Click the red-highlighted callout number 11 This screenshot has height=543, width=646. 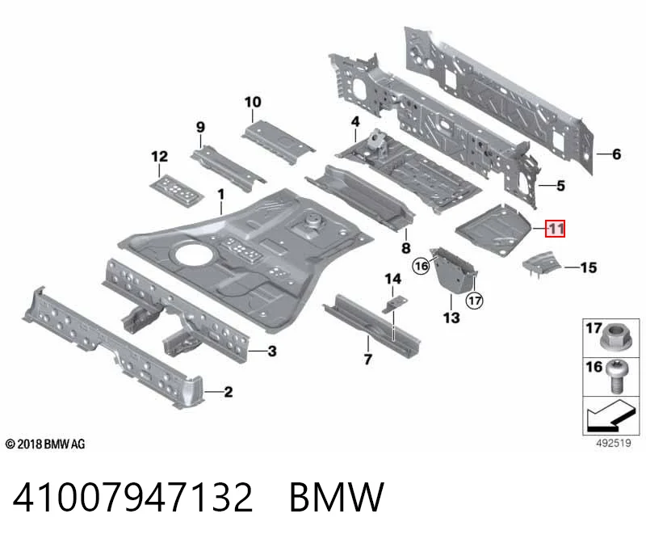[x=555, y=229]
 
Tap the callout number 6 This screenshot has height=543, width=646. [x=616, y=154]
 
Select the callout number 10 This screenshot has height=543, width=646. [x=253, y=102]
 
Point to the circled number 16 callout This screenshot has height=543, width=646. [x=421, y=266]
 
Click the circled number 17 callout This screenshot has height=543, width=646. [x=475, y=300]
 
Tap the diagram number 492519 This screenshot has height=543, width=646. [x=614, y=444]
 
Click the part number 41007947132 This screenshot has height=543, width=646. [x=132, y=497]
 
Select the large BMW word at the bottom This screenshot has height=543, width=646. [x=337, y=497]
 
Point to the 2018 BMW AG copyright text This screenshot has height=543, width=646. [x=45, y=444]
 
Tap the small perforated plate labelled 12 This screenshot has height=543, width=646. [x=177, y=190]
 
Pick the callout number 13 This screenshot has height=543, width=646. [x=451, y=318]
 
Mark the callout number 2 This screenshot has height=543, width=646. [x=229, y=392]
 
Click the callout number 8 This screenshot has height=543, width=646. [x=406, y=248]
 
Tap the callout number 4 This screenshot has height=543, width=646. [x=355, y=122]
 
